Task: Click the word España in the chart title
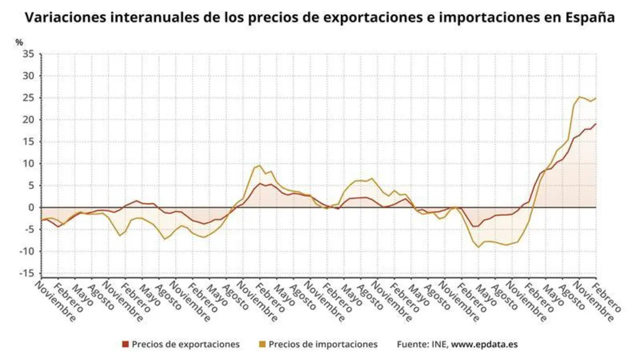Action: (x=590, y=18)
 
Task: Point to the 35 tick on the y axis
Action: (x=28, y=54)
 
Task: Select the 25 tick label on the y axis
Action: (x=28, y=98)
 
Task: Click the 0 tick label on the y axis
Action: (x=30, y=207)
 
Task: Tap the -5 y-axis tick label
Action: (x=28, y=229)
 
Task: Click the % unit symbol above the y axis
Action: (x=19, y=42)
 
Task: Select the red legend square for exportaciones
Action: (x=125, y=344)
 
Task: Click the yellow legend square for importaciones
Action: (x=262, y=344)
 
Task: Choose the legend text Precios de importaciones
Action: (x=323, y=344)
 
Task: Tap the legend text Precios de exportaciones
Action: (x=185, y=344)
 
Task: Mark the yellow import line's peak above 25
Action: (x=579, y=96)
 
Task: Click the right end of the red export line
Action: (x=596, y=124)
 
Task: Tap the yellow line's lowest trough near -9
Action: (x=478, y=247)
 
